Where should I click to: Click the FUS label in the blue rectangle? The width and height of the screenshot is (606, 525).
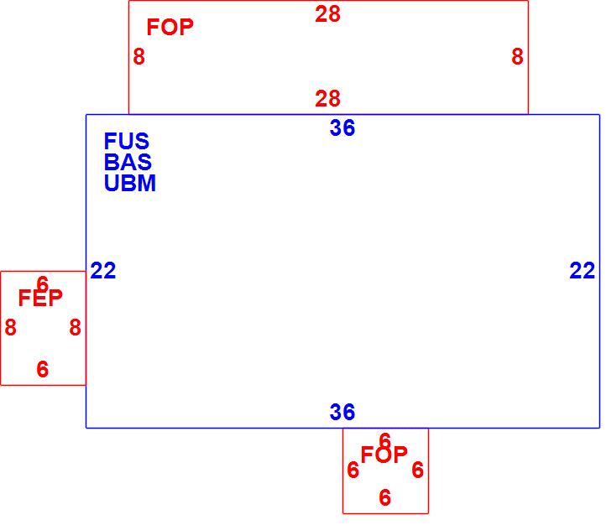[127, 142]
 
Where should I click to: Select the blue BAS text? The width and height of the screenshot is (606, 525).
[128, 163]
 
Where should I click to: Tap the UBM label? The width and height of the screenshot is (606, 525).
[130, 184]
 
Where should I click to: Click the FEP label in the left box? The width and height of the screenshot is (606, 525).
[40, 299]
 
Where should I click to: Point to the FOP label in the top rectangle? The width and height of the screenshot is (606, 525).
[170, 28]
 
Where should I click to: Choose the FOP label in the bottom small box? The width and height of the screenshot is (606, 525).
[384, 455]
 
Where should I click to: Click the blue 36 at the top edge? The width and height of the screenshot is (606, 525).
[342, 128]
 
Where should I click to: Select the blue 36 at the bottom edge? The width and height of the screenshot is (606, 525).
[342, 413]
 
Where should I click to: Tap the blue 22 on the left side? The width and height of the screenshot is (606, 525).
[103, 271]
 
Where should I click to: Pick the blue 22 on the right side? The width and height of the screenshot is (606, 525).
[582, 271]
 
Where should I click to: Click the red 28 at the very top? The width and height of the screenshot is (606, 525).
[327, 14]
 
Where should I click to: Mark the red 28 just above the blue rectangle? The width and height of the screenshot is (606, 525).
[327, 99]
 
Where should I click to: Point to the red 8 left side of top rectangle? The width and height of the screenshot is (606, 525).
[138, 57]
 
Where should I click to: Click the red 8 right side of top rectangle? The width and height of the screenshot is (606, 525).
[517, 57]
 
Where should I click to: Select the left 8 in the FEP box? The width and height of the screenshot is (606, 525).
[10, 328]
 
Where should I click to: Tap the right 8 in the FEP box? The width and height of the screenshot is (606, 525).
[75, 328]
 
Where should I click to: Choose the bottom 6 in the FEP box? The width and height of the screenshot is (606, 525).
[43, 369]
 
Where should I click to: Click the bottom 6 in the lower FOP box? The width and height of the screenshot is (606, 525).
[384, 498]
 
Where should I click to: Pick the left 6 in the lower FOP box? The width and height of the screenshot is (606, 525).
[353, 470]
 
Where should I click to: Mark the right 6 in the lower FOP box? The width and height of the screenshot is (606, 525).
[417, 470]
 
